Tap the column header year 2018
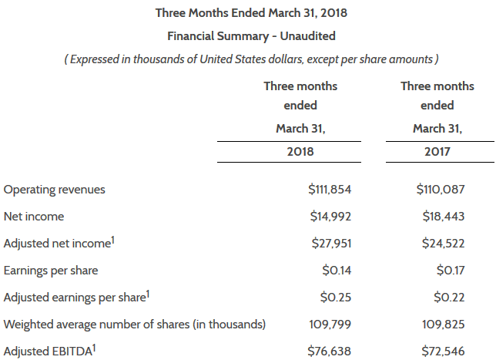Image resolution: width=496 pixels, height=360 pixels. coord(300,152)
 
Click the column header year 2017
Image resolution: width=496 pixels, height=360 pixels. coord(437,152)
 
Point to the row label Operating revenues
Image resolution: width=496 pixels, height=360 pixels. coord(55,189)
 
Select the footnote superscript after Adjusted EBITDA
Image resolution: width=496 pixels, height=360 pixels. coord(94,348)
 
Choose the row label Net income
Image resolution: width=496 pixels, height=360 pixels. coord(34,216)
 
